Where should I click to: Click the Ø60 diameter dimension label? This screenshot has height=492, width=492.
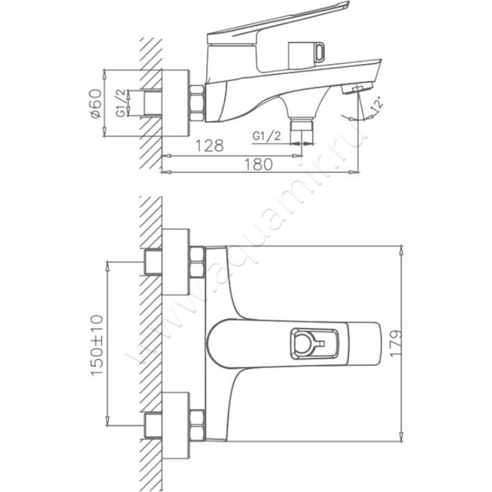pos(96,103)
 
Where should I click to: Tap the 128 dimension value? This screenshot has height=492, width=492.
pos(210,145)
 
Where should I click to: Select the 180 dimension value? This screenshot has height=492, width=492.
pos(258,164)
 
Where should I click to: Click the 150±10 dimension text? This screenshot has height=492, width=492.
pos(97,345)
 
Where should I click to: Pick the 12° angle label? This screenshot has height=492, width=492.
pos(377,105)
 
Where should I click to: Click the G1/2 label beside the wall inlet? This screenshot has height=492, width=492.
pos(121,103)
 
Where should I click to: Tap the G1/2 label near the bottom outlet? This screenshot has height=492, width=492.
pos(267,136)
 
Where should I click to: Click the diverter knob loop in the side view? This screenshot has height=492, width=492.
pos(320,52)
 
